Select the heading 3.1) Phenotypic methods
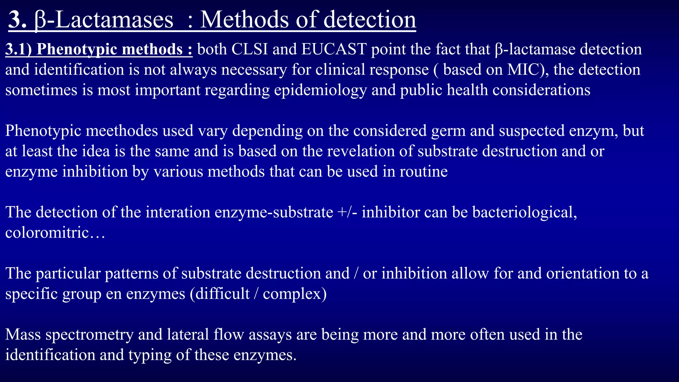[99, 49]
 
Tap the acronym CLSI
[250, 49]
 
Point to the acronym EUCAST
[334, 49]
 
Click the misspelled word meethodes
[122, 131]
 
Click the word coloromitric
[47, 233]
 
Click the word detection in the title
[369, 20]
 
